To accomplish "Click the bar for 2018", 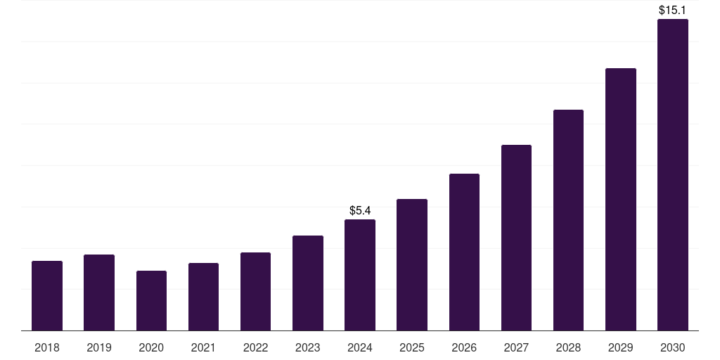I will click(x=47, y=295).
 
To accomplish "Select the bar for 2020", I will click(x=151, y=300).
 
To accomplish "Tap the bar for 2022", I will click(x=255, y=291).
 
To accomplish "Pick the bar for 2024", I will click(x=360, y=275).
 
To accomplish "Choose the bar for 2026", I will click(x=464, y=252).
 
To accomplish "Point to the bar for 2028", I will click(x=568, y=220).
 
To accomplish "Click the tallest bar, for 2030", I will click(x=673, y=174).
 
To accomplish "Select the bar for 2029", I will click(x=621, y=199).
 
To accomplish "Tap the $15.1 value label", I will click(x=673, y=11).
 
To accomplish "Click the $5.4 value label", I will click(x=360, y=210).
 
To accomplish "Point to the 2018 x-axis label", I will click(x=47, y=347).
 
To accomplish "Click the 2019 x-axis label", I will click(x=99, y=347).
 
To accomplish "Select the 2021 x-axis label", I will click(x=203, y=347).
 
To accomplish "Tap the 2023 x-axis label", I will click(x=308, y=347).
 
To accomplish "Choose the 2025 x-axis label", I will click(x=412, y=347).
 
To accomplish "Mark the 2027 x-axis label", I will click(x=516, y=347).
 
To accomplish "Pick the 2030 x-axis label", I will click(x=673, y=347).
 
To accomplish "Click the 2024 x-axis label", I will click(x=360, y=347).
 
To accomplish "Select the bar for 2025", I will click(x=412, y=264).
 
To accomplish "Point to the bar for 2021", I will click(x=203, y=297).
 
